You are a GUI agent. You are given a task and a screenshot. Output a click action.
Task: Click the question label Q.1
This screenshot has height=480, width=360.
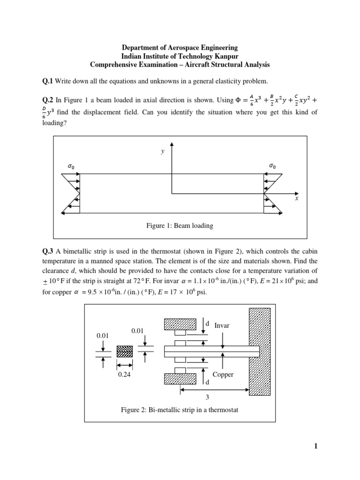tap(48, 82)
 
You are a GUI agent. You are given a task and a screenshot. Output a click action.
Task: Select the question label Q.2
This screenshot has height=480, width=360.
tap(48, 100)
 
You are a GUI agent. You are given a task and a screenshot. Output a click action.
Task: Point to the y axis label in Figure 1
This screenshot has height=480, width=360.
tap(163, 151)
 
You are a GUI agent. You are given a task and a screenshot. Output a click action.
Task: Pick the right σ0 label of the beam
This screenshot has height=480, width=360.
tap(272, 166)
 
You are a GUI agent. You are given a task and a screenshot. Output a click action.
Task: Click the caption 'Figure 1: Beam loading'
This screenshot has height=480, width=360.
tap(180, 226)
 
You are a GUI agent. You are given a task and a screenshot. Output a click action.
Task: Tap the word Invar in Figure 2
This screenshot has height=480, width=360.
tap(222, 325)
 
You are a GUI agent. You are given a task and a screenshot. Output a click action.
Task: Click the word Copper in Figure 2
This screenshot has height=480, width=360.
tap(223, 375)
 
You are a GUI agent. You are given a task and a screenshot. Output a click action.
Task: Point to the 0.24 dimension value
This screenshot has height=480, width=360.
tap(124, 375)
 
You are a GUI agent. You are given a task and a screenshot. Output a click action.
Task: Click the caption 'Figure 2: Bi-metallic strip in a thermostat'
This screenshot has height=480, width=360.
tap(180, 410)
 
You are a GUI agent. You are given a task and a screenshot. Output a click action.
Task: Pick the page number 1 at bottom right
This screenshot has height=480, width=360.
tap(316, 447)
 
